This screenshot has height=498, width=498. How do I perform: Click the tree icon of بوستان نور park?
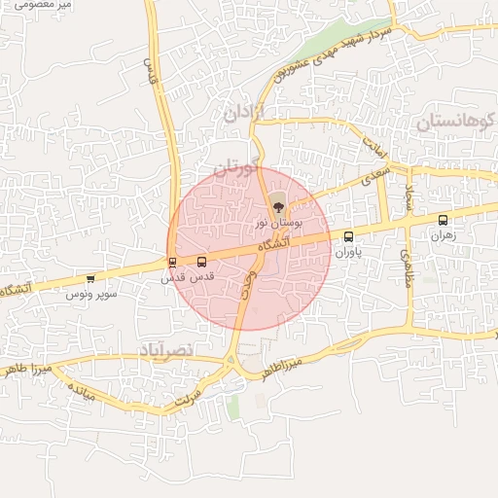pos(277,205)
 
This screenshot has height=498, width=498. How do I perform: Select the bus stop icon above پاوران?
pos(349,236)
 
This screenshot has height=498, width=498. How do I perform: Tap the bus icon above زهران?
pos(444,220)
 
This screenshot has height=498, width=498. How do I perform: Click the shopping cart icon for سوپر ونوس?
pos(90,278)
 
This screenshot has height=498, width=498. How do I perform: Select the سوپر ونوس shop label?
pos(93,293)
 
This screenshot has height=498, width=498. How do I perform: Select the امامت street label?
pos(375,147)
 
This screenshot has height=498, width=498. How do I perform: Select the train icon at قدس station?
pos(172,262)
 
